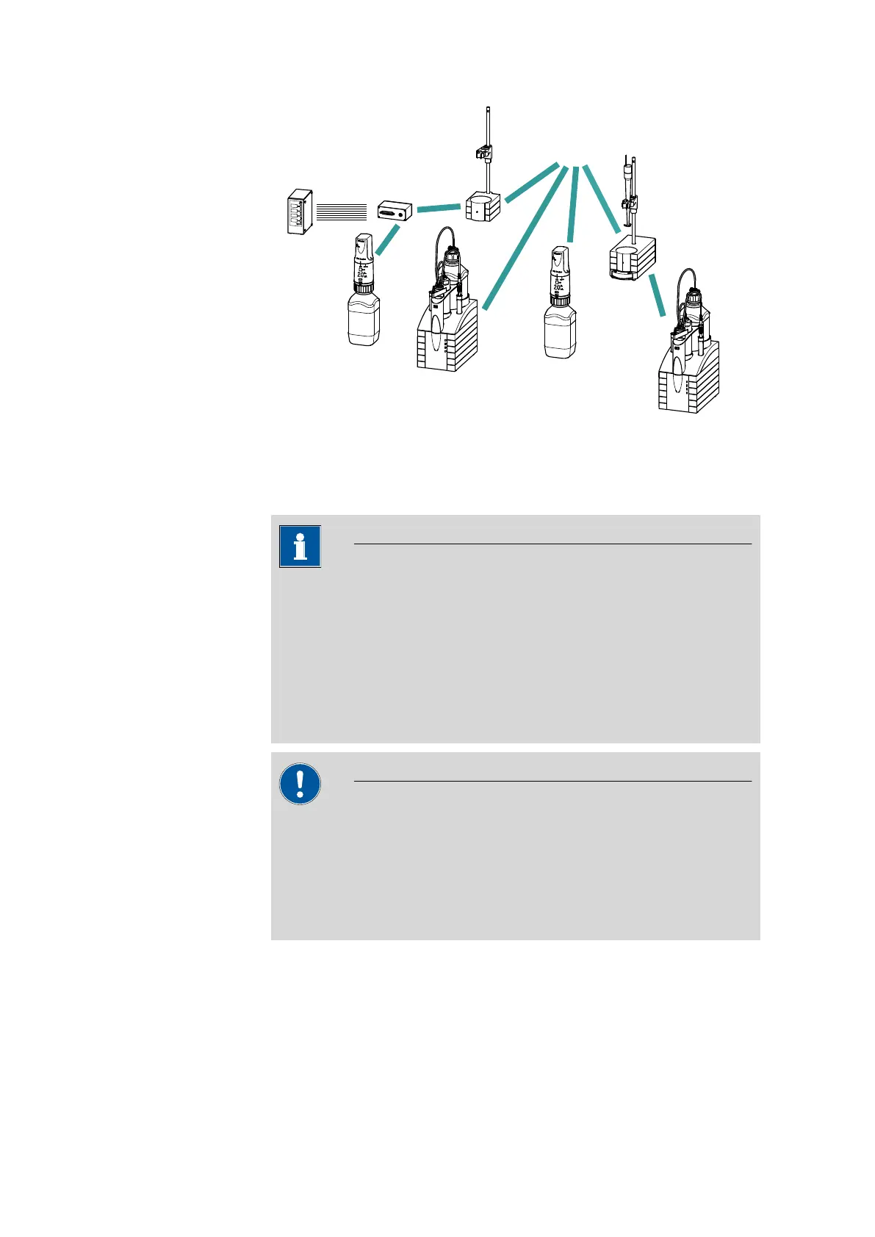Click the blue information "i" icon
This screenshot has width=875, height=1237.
(300, 547)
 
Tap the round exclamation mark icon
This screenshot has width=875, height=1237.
(300, 784)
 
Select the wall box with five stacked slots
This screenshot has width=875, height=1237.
(299, 212)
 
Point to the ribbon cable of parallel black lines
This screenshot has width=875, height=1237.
(341, 212)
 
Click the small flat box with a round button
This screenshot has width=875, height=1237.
(395, 210)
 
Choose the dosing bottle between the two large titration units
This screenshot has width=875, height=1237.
(560, 331)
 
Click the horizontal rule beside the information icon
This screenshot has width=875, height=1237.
(552, 544)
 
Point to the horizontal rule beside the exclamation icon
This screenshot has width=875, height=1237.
(552, 782)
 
